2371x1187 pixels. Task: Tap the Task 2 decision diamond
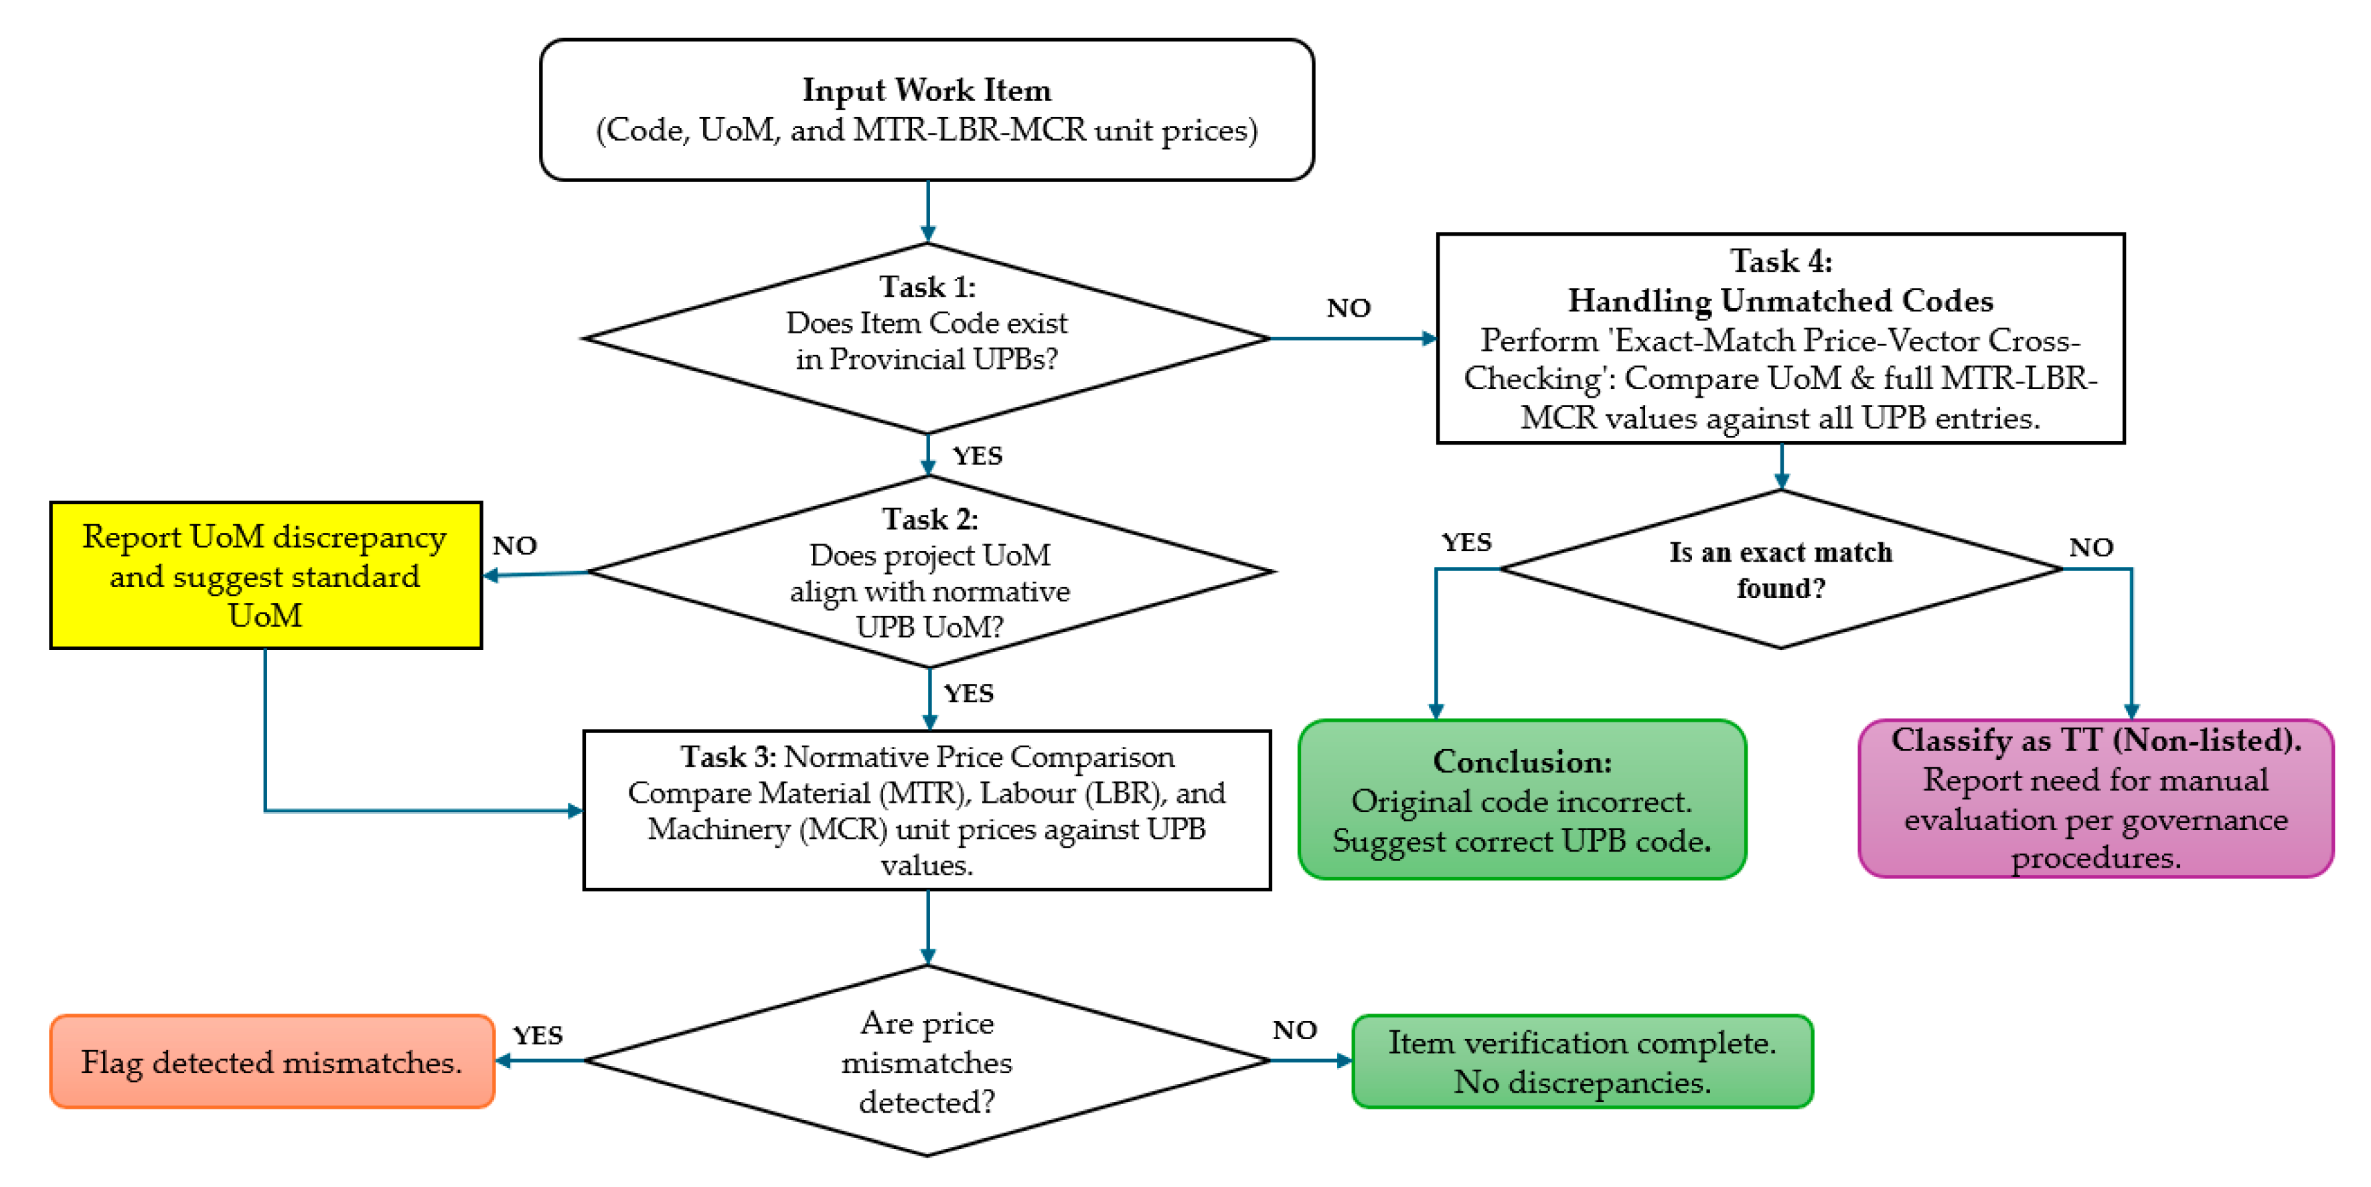(929, 572)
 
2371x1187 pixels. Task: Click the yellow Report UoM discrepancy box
(265, 575)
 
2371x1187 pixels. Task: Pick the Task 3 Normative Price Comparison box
(927, 809)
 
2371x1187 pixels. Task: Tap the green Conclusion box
(1521, 799)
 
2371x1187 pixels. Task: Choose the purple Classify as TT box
(2096, 799)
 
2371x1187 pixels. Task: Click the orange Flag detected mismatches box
(272, 1061)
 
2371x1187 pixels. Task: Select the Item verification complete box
(1582, 1061)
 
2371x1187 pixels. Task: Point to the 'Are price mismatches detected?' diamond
(927, 1061)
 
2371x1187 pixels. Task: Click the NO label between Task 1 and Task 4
(1349, 308)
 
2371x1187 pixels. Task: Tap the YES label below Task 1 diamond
(976, 455)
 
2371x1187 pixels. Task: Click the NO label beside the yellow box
(514, 546)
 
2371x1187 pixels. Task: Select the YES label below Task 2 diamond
(968, 693)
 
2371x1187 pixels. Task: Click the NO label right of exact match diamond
(2091, 548)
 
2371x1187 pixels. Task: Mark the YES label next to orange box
(538, 1035)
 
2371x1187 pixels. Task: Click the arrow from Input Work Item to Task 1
(928, 212)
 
